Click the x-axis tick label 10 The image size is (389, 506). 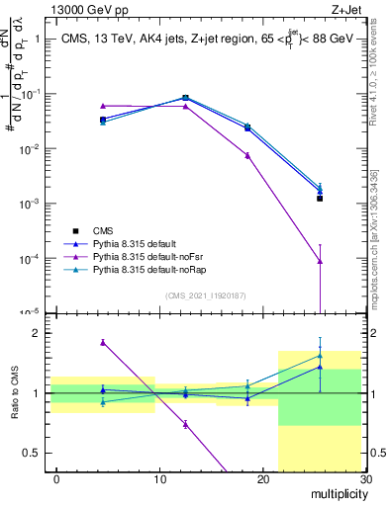159,479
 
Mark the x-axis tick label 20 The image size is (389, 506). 262,479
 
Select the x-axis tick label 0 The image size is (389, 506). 56,479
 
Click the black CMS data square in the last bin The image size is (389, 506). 320,199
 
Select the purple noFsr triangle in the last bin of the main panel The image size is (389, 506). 320,261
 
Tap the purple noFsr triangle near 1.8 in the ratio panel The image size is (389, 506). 103,343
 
